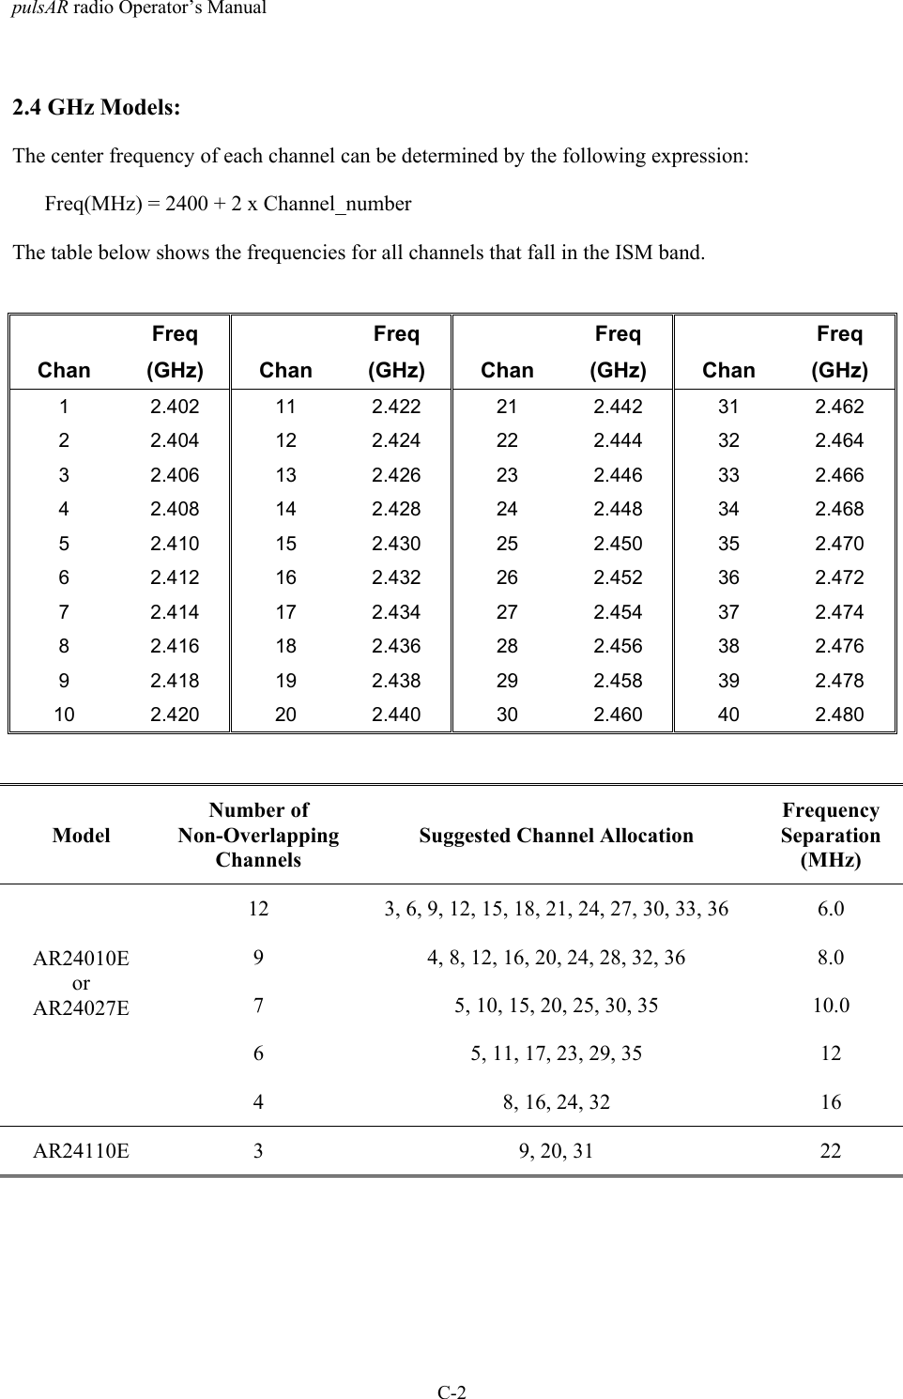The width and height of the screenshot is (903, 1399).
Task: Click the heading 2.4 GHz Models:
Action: tap(97, 107)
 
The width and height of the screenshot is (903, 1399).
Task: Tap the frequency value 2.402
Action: tap(175, 407)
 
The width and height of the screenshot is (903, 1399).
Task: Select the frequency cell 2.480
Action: tap(839, 715)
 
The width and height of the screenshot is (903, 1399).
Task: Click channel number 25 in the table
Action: tap(507, 544)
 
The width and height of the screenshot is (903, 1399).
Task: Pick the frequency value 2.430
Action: tap(396, 544)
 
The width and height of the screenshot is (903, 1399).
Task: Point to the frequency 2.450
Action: tap(618, 544)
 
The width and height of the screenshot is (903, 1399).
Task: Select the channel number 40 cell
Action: tap(728, 715)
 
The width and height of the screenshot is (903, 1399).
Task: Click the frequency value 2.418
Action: tap(175, 681)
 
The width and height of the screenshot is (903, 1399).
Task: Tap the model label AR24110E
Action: tap(82, 1150)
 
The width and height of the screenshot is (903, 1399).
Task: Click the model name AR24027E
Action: tap(82, 1008)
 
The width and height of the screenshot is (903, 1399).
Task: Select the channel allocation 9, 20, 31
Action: tap(557, 1150)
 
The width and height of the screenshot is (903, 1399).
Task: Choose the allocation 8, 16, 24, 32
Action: tap(557, 1102)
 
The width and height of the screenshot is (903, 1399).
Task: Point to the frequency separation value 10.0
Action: tap(831, 1006)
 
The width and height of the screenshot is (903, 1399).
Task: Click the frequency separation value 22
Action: tap(831, 1150)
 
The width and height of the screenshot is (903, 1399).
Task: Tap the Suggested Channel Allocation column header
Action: tap(557, 836)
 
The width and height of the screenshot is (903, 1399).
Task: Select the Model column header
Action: tap(82, 836)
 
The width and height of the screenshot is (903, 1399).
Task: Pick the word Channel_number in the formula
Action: tap(337, 204)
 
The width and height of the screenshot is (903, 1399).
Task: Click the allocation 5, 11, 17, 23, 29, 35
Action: tap(557, 1053)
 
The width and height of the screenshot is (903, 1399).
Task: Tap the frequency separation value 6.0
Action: tap(831, 909)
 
